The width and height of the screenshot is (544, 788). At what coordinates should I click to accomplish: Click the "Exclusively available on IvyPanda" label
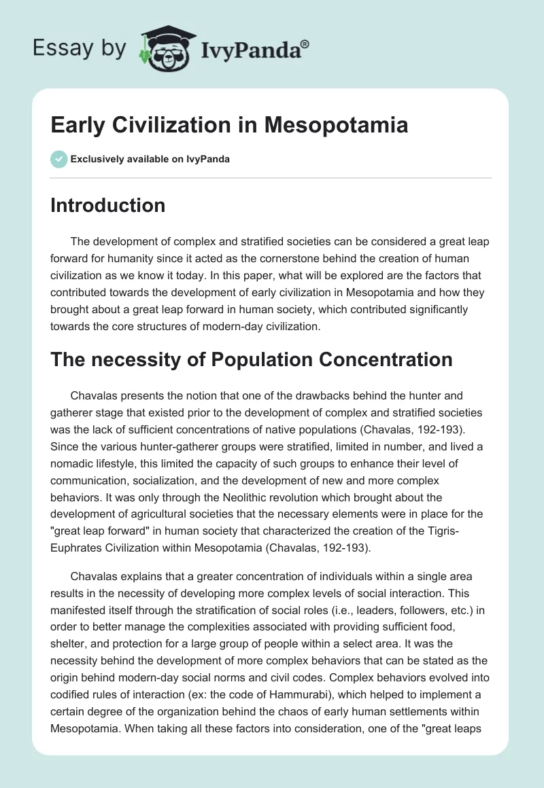point(150,160)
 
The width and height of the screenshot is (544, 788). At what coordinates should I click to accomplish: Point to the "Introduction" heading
point(107,205)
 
